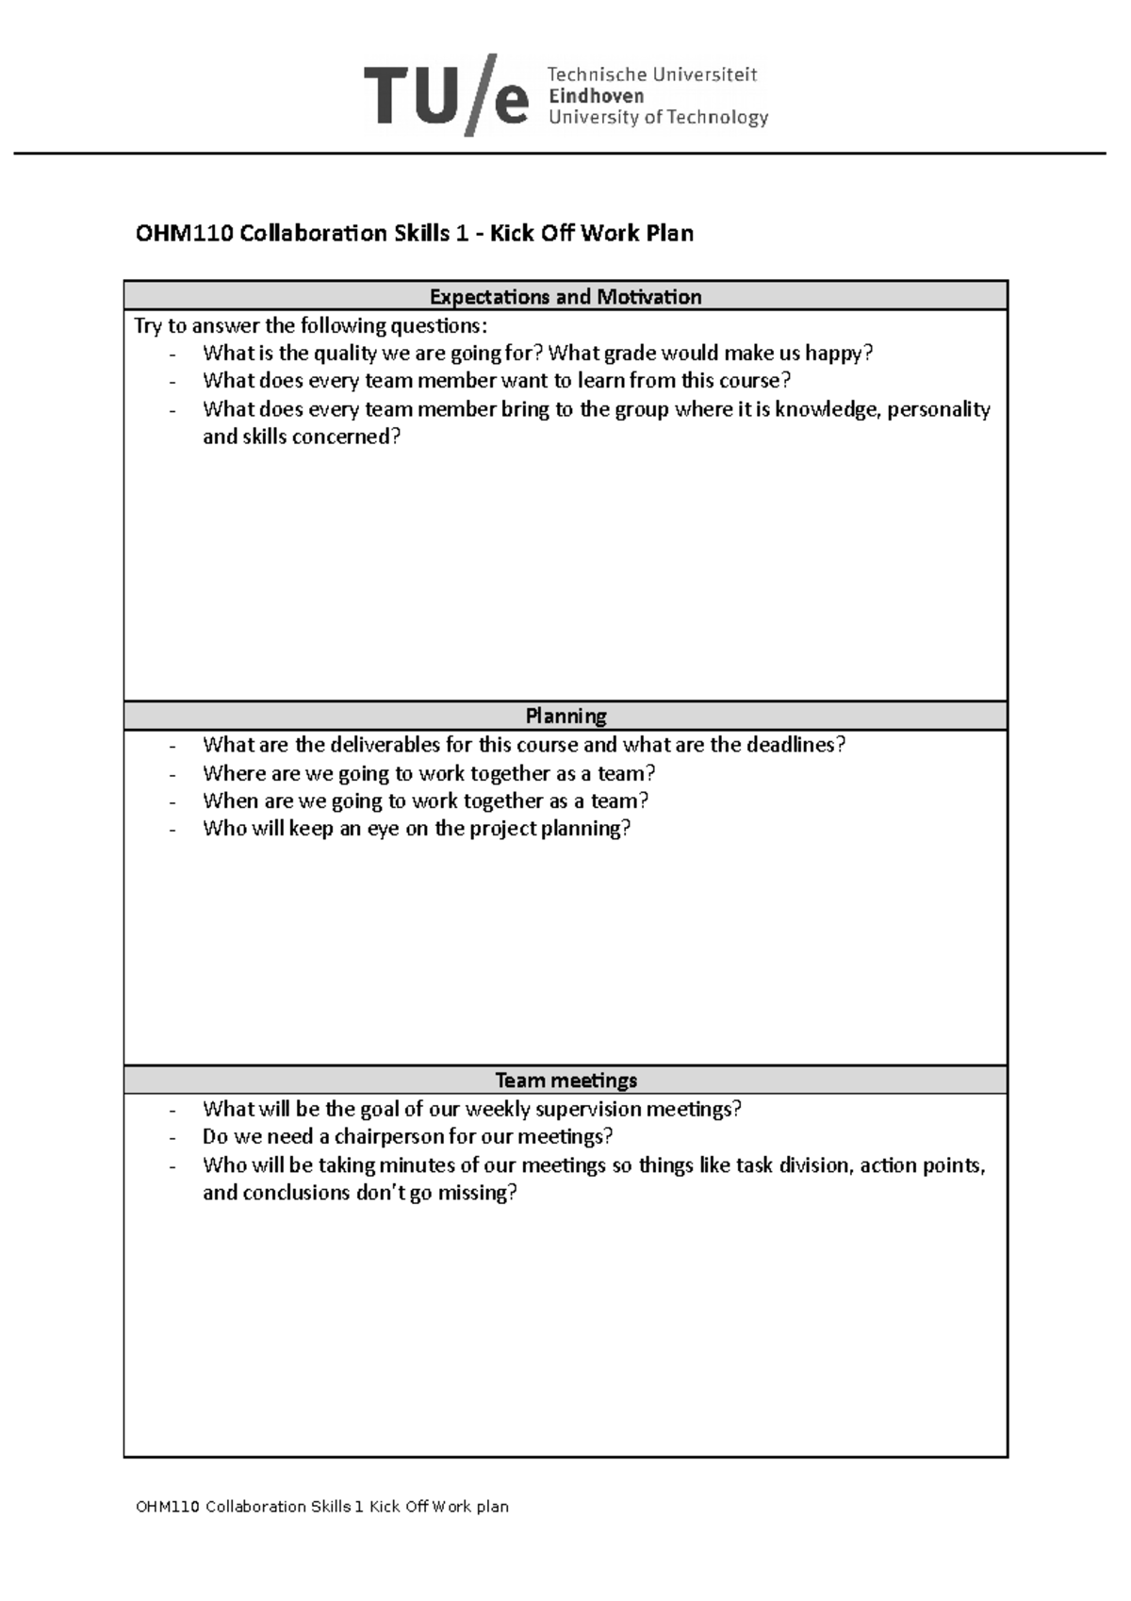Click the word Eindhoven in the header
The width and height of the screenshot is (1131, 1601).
pyautogui.click(x=596, y=96)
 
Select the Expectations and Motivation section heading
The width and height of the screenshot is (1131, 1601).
pyautogui.click(x=565, y=297)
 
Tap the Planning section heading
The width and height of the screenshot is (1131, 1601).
pyautogui.click(x=565, y=716)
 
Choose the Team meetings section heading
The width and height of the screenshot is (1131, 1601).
pyautogui.click(x=565, y=1081)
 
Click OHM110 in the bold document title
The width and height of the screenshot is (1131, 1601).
pyautogui.click(x=184, y=233)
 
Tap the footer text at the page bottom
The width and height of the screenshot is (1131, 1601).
pyautogui.click(x=322, y=1507)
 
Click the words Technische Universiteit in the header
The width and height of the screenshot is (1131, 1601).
pyautogui.click(x=652, y=74)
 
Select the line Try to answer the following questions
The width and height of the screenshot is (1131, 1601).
pyautogui.click(x=311, y=326)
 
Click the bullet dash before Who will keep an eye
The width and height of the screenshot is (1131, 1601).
pyautogui.click(x=172, y=830)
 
